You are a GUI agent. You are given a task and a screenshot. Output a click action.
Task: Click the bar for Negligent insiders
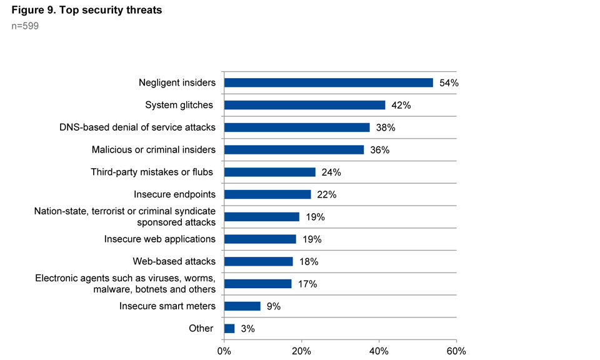coord(328,82)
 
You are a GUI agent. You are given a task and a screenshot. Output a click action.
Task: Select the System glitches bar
coord(304,105)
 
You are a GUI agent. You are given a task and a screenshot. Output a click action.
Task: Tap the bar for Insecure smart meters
coord(242,306)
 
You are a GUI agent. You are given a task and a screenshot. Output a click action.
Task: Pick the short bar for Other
coord(229,329)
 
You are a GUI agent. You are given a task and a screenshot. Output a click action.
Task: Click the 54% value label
coord(449,83)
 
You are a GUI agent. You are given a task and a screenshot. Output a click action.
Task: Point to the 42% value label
coord(401,105)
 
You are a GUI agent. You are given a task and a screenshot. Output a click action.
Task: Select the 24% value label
coord(331,172)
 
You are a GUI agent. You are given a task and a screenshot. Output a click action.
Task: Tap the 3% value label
coord(247,329)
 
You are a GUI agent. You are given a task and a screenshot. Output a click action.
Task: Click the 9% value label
coord(273,306)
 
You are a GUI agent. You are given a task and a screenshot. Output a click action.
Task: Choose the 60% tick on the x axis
coord(456,351)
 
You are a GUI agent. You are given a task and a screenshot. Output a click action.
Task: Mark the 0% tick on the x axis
coord(224,351)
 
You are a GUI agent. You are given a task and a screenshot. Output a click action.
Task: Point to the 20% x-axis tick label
coord(301,351)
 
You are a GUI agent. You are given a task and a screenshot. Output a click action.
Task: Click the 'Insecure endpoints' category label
coord(174,194)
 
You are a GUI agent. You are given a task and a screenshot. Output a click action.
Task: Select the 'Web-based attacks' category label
coord(174,261)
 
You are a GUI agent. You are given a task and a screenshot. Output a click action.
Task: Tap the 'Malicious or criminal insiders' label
coord(153,149)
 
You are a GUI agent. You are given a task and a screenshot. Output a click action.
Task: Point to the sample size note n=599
coord(26,27)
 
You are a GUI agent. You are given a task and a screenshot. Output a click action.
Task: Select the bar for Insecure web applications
coord(260,239)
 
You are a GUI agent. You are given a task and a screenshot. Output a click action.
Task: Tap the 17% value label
coord(307,284)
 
